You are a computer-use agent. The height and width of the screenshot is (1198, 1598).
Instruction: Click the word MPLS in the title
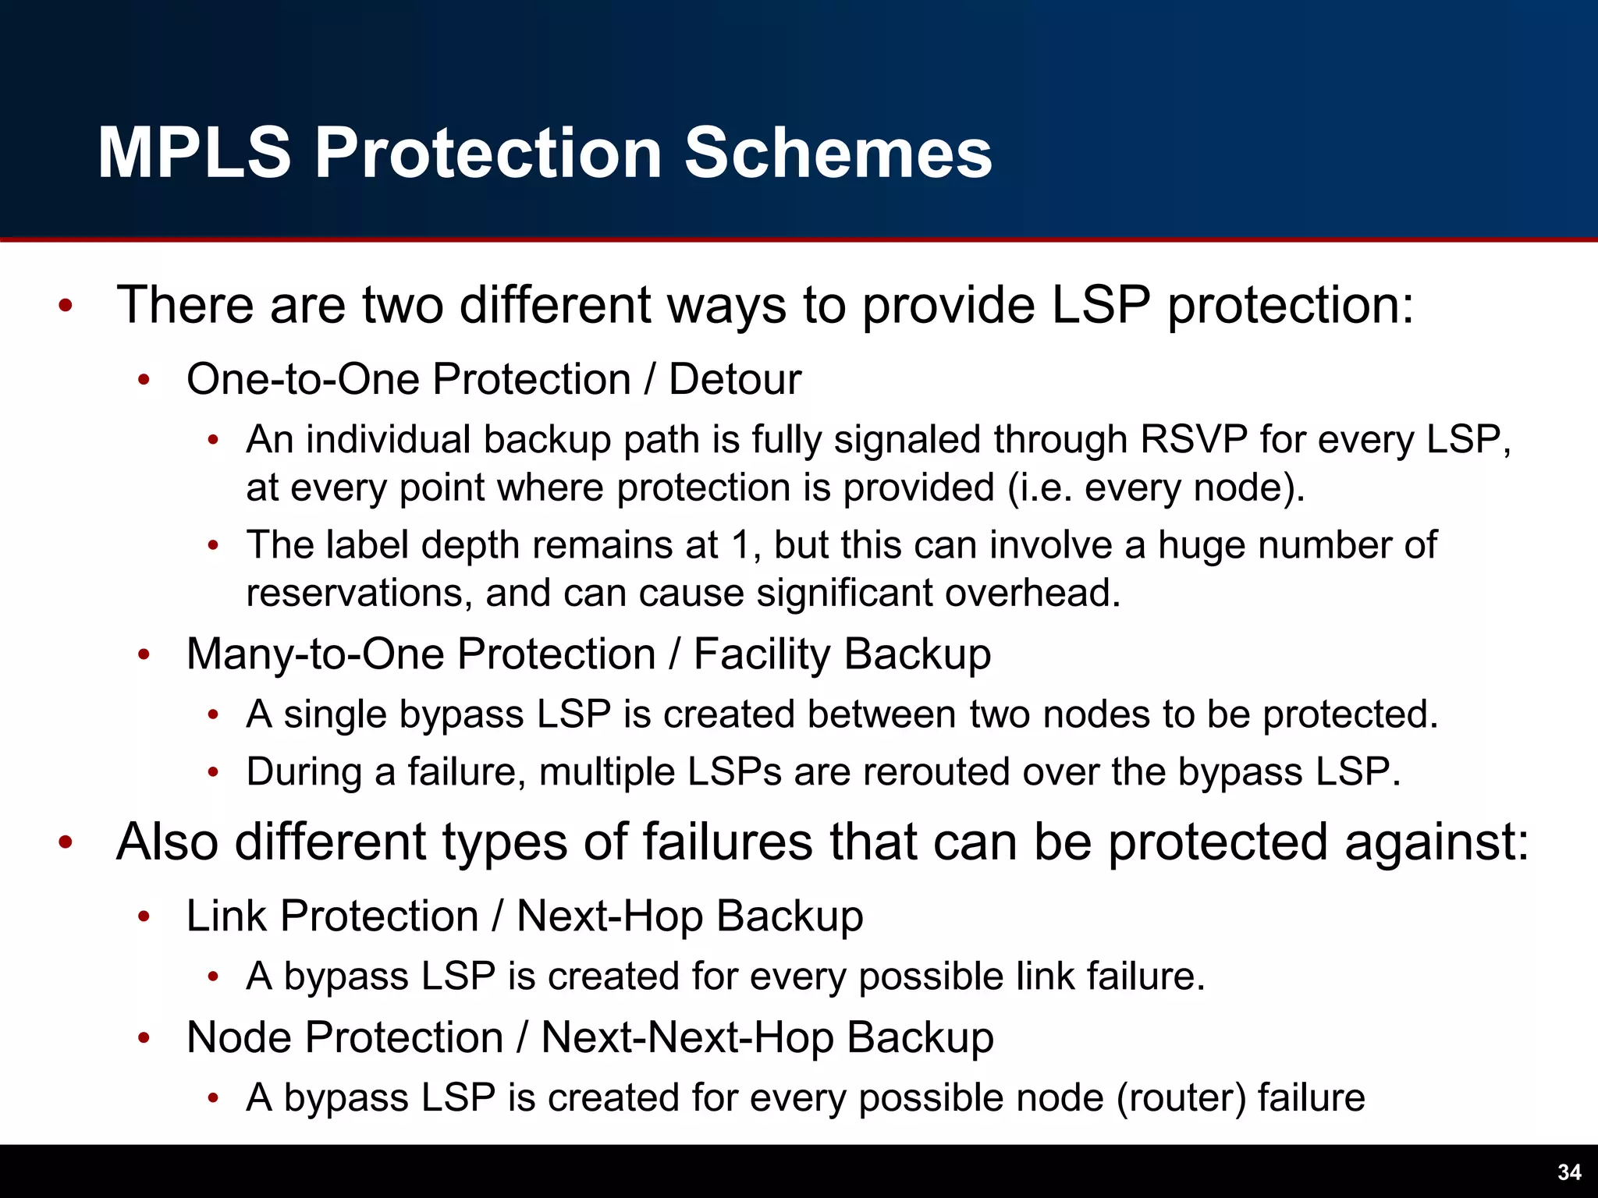pyautogui.click(x=194, y=153)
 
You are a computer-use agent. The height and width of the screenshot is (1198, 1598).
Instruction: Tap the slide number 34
pyautogui.click(x=1569, y=1172)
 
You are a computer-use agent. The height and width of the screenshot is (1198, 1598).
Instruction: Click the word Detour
pyautogui.click(x=735, y=380)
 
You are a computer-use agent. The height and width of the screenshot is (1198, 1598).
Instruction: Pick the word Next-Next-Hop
pyautogui.click(x=687, y=1037)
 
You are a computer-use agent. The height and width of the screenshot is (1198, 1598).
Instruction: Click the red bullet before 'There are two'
pyautogui.click(x=66, y=307)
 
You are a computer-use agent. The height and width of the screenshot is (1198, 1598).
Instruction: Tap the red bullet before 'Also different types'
pyautogui.click(x=66, y=843)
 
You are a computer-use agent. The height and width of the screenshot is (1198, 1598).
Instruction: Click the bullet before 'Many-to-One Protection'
pyautogui.click(x=144, y=655)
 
